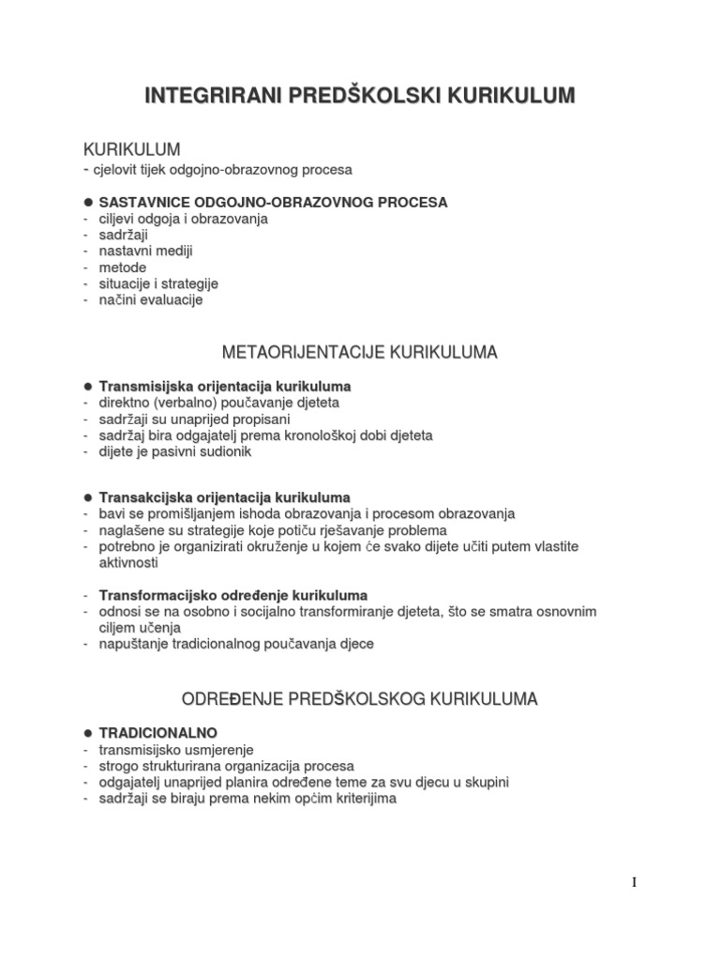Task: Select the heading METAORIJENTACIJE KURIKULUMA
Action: click(359, 353)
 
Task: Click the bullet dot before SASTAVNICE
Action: click(88, 202)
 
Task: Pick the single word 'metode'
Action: click(122, 267)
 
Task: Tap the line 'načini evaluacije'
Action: click(150, 300)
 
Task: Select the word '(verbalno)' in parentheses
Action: click(186, 403)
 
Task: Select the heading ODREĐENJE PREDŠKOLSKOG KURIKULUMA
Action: click(359, 698)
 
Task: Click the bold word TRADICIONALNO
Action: click(157, 732)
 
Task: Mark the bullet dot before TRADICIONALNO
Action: click(88, 732)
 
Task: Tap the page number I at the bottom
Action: click(634, 881)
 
